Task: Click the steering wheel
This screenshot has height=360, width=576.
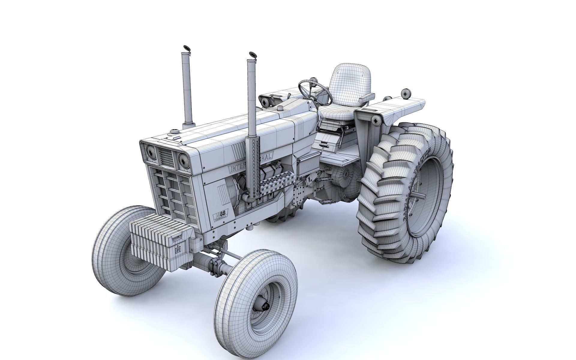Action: point(315,90)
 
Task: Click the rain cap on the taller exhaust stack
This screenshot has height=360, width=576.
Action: point(187,48)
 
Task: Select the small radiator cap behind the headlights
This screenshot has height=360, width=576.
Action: point(174,131)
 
